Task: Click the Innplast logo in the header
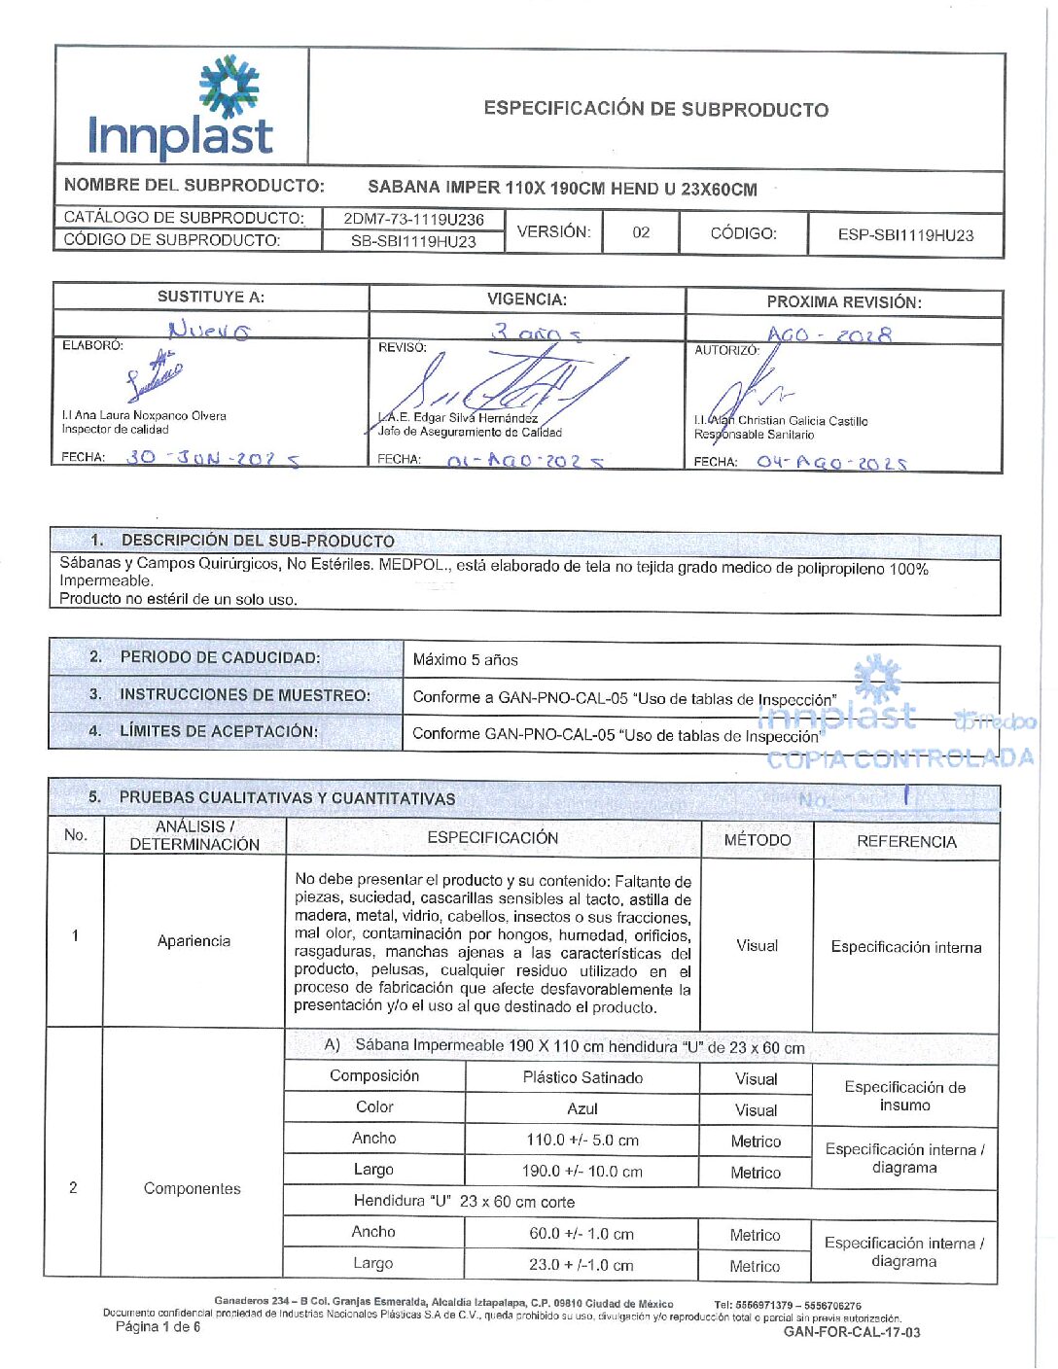tap(181, 109)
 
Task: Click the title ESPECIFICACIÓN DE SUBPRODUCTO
tap(656, 109)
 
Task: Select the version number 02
tap(641, 232)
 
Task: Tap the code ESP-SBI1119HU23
tap(905, 235)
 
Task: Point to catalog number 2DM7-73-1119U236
tap(413, 219)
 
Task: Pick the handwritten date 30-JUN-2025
tap(213, 458)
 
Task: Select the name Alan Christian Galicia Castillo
tap(781, 421)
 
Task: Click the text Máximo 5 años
tap(465, 660)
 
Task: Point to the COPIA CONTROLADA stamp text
tap(899, 758)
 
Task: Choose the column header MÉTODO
tap(758, 840)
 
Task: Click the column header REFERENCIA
tap(906, 842)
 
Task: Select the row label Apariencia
tap(194, 941)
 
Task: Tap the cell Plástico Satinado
tap(582, 1077)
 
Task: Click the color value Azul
tap(582, 1108)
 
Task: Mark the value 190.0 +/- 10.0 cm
tap(582, 1172)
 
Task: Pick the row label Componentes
tap(192, 1188)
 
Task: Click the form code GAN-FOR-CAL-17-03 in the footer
tap(852, 1332)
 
